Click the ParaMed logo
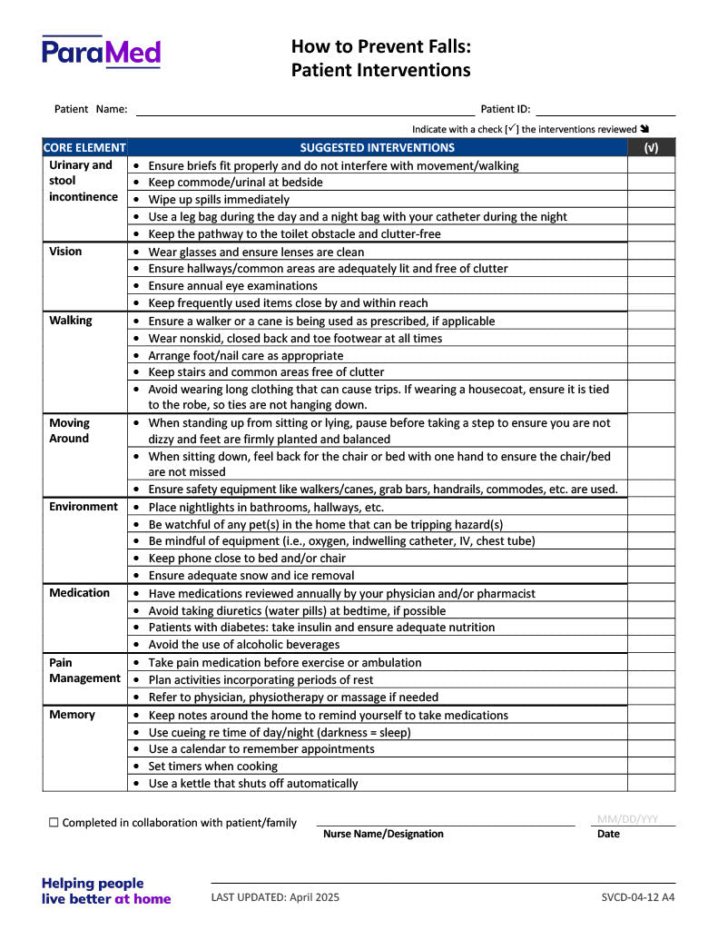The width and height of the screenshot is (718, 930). click(x=101, y=52)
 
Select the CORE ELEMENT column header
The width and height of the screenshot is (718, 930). click(x=84, y=147)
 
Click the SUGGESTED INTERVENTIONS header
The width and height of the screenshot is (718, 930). click(x=377, y=147)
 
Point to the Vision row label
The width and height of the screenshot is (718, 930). click(x=65, y=252)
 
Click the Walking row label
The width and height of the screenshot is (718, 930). click(x=70, y=321)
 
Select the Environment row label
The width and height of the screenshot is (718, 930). click(x=84, y=507)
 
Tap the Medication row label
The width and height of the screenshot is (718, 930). click(x=79, y=593)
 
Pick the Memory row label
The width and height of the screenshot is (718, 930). click(x=72, y=715)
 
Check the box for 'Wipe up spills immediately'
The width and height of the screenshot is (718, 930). click(x=651, y=199)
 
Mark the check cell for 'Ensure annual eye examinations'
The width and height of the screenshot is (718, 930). click(x=651, y=285)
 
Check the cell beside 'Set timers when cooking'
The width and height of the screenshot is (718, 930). click(x=651, y=766)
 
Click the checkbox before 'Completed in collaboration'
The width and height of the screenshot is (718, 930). click(x=54, y=823)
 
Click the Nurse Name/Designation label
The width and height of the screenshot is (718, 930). click(x=383, y=834)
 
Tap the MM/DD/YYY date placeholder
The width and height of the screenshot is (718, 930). click(x=628, y=818)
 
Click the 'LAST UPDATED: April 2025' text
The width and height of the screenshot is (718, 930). click(x=275, y=897)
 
